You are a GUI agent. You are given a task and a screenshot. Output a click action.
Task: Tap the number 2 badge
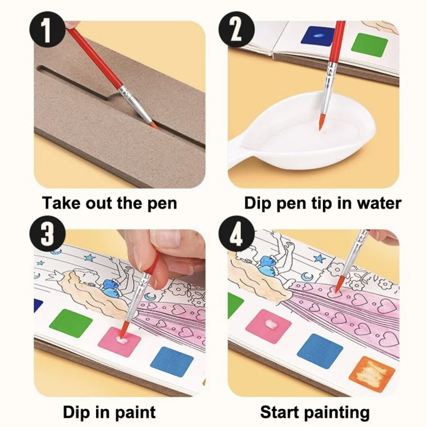pos(237,29)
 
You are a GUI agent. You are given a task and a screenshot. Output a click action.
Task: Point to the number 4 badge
pos(237,234)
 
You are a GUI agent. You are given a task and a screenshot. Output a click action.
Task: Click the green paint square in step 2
pos(370,43)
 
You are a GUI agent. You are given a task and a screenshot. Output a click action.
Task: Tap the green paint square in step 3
pos(71,323)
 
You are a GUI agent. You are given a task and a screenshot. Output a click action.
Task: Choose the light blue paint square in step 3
pos(172,362)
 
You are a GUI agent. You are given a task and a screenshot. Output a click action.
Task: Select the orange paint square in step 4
pos(372,372)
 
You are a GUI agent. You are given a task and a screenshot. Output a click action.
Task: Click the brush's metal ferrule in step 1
pos(135,104)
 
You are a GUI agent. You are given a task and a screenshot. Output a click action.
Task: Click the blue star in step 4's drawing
pos(319,258)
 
